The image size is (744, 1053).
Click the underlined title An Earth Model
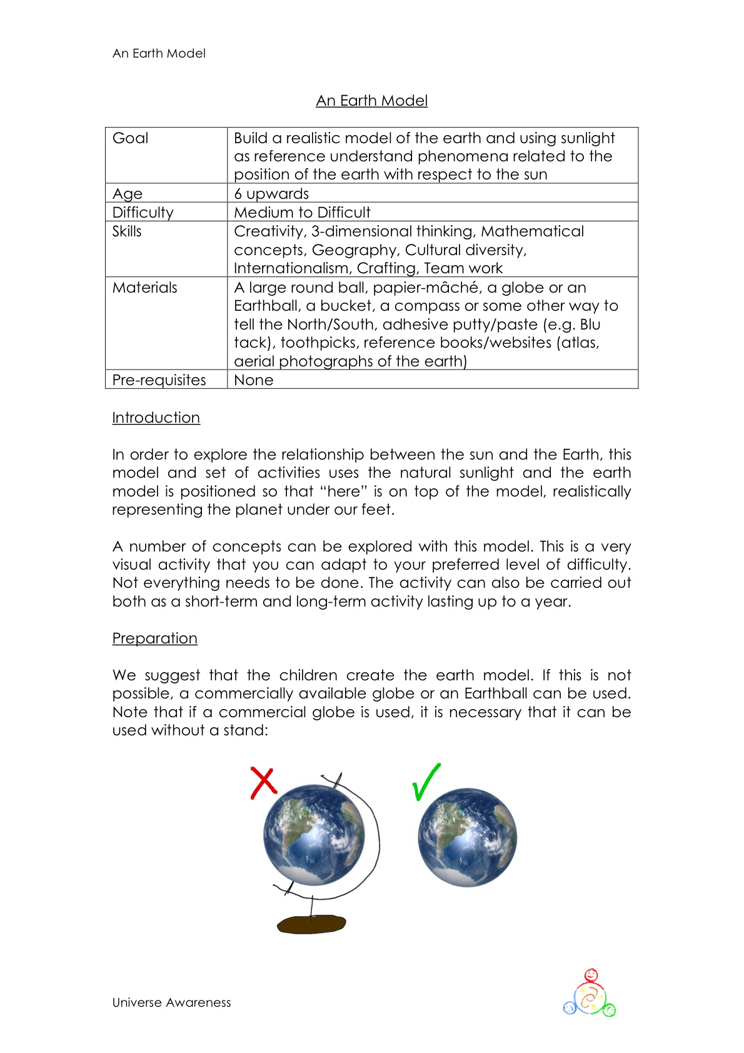coord(371,101)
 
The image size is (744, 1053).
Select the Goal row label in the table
coord(130,138)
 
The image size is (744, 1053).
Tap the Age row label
coord(128,194)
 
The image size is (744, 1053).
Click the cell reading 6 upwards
coord(271,194)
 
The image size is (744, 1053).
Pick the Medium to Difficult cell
coord(302,213)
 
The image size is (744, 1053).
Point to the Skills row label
coord(127,231)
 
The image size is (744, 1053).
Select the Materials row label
coord(144,288)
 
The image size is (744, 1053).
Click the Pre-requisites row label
coord(159,380)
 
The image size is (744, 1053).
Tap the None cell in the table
coord(253,380)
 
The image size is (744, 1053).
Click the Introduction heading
coord(156,418)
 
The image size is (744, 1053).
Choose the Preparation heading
coord(154,638)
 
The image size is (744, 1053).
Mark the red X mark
coord(263,782)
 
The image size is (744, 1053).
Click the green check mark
coord(426,782)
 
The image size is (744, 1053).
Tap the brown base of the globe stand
coord(311,924)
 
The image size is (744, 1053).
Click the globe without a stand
coord(467,837)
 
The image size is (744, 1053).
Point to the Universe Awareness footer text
coord(171,1002)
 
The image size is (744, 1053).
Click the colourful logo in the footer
coord(590,994)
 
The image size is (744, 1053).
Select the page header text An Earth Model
coord(159,54)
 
